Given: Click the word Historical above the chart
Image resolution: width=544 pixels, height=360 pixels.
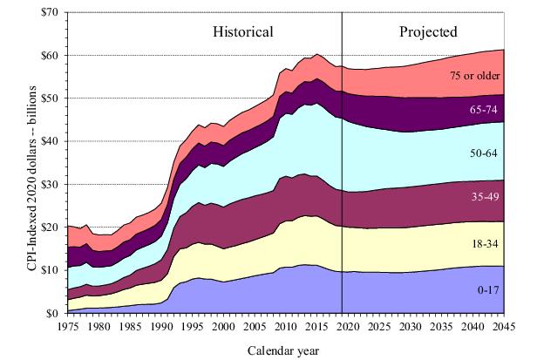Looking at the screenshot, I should point(243,32).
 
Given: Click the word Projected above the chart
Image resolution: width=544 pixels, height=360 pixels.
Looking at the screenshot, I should point(428,32).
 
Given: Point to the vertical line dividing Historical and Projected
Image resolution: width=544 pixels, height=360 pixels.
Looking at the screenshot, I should point(342,174).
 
